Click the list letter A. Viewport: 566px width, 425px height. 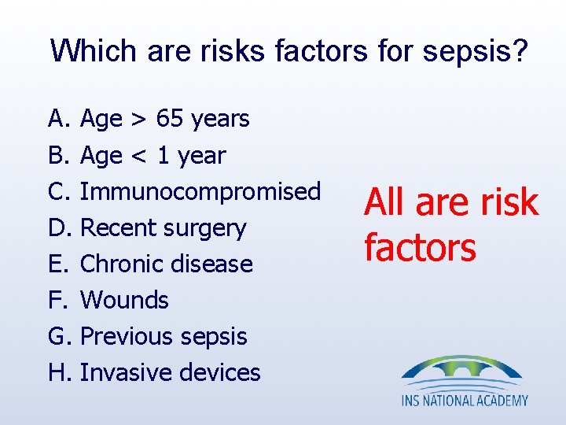[58, 119]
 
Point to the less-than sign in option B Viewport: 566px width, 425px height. [139, 156]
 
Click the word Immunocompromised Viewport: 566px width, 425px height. [200, 191]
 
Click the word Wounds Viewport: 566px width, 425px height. [124, 300]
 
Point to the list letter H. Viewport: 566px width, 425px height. [59, 372]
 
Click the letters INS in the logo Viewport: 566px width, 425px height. [411, 401]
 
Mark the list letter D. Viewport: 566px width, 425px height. [59, 228]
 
